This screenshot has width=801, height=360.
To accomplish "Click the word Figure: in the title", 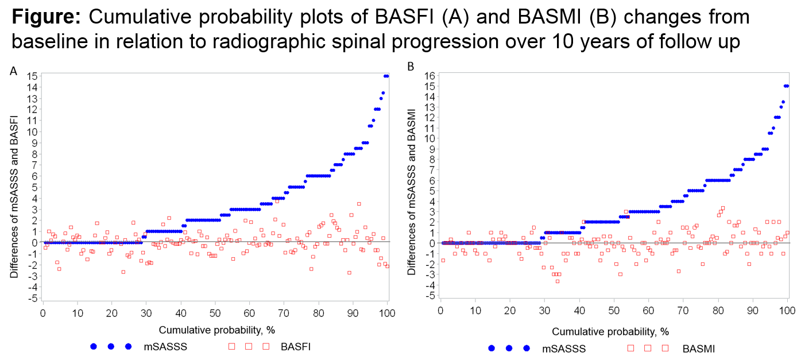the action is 47,17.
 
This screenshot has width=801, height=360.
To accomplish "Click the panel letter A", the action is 13,71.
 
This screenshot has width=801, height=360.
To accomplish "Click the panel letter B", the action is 411,67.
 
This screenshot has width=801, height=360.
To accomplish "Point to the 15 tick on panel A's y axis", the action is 32,76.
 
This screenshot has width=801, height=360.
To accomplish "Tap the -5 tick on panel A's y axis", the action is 32,298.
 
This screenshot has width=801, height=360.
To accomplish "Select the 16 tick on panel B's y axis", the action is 430,76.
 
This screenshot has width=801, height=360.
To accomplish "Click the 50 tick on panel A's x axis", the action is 215,313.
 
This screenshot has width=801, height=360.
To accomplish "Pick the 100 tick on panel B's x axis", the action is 787,310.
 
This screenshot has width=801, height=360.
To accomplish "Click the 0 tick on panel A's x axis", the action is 43,313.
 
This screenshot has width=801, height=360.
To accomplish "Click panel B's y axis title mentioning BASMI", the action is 412,192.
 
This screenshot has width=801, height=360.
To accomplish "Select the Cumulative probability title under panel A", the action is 216,330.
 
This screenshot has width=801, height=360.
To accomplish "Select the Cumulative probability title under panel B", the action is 610,332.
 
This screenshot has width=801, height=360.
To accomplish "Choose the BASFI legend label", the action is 296,347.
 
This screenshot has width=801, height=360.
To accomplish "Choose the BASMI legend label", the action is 698,349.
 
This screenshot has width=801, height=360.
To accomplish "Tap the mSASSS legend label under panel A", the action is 165,347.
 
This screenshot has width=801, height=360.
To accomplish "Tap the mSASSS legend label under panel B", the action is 564,349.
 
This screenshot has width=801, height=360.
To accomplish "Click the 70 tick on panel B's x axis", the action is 683,310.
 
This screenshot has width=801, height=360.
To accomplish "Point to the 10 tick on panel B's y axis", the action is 430,139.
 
